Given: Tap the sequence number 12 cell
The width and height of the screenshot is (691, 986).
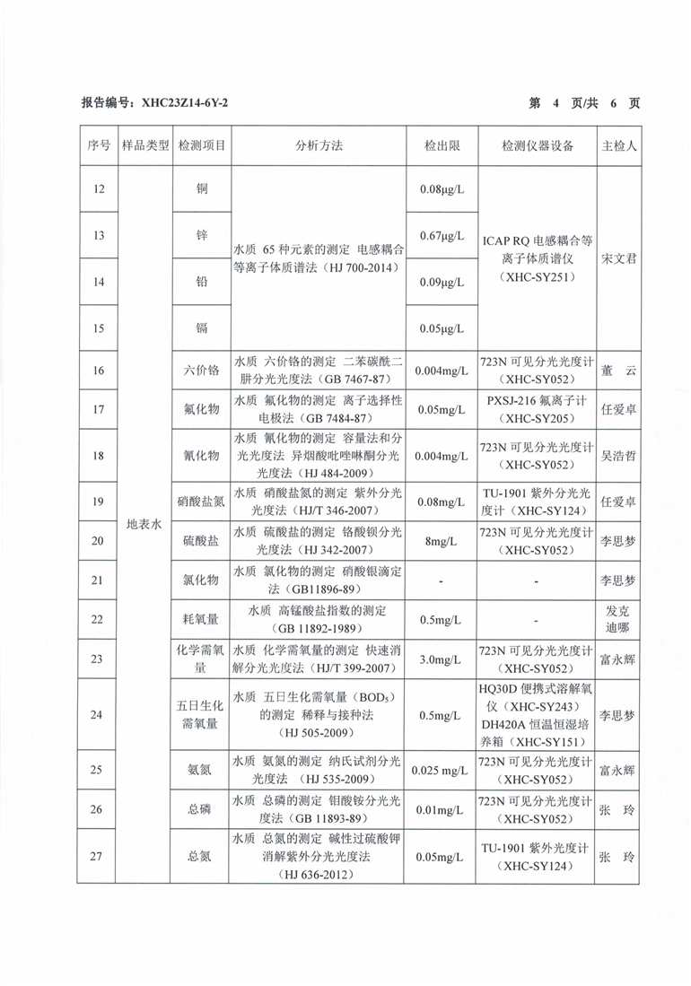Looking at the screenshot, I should pyautogui.click(x=99, y=188).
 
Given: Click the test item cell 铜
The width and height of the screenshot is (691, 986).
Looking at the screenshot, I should pyautogui.click(x=202, y=188).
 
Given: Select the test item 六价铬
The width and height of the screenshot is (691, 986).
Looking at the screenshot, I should pyautogui.click(x=202, y=371).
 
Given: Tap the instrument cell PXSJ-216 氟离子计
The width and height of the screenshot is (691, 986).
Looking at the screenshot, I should pyautogui.click(x=536, y=409).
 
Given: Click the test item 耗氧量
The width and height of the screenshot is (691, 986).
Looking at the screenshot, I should pyautogui.click(x=202, y=619).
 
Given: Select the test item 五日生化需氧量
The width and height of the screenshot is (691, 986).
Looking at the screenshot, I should pyautogui.click(x=202, y=715).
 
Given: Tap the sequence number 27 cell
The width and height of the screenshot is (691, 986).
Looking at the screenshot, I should pyautogui.click(x=99, y=856).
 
